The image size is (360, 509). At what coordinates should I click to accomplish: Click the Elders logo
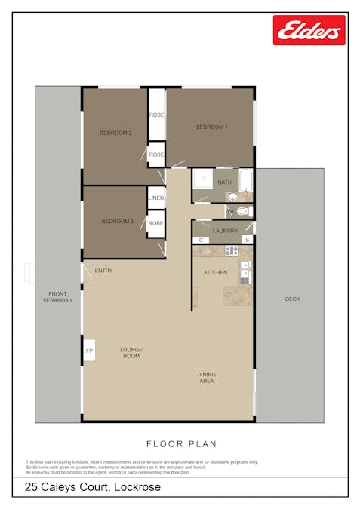(309, 31)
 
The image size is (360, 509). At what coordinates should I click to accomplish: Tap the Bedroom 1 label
(211, 127)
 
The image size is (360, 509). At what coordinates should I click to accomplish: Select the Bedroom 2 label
(115, 133)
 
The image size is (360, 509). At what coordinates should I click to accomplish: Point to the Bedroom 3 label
(118, 221)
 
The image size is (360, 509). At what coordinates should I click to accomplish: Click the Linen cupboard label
(156, 198)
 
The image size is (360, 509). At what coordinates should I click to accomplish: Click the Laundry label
(225, 231)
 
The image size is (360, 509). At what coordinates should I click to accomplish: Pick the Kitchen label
(215, 271)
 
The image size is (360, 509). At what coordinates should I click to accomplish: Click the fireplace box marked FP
(89, 351)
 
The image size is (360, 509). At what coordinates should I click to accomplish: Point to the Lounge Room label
(131, 352)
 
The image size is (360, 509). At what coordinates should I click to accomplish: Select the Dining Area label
(206, 378)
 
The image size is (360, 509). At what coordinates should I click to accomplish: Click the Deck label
(292, 299)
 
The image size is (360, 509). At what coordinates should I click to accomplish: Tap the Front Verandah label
(57, 296)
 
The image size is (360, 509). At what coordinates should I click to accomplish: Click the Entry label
(103, 271)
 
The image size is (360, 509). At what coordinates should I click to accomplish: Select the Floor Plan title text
(180, 444)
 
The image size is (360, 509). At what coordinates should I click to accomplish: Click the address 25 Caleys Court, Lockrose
(93, 488)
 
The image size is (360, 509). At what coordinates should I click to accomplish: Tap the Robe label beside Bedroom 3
(156, 223)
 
